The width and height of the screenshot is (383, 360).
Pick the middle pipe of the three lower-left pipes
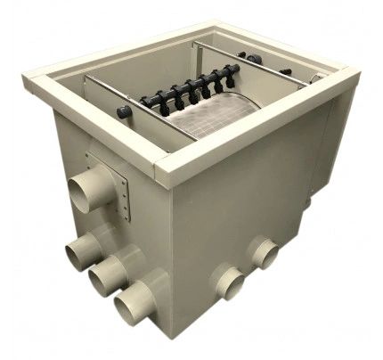[104, 276]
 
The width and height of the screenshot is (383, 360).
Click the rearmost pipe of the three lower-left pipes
[81, 250]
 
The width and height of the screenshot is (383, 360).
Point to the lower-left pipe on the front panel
[226, 284]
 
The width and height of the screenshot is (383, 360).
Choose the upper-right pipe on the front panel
[262, 252]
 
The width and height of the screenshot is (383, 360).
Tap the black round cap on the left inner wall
[124, 112]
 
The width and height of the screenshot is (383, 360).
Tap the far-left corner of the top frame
[31, 82]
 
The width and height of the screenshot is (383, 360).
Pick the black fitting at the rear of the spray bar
[255, 59]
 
